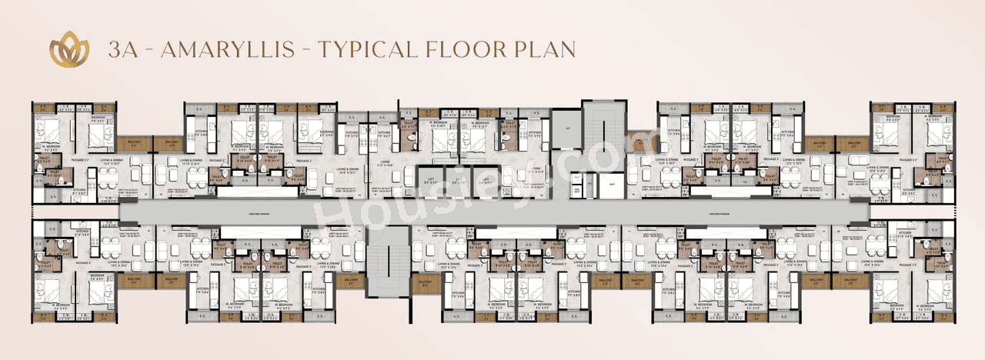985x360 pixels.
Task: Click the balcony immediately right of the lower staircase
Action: (x=424, y=282)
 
